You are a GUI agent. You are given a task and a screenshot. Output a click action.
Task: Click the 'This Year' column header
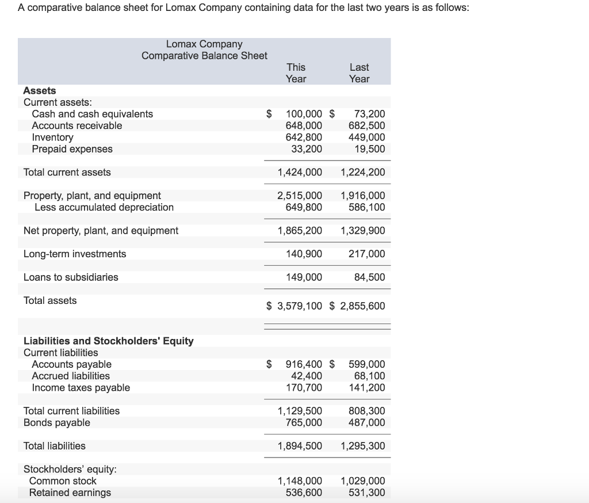click(296, 73)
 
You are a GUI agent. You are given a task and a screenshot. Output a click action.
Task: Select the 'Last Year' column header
click(359, 73)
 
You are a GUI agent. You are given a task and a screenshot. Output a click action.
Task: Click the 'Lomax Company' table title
click(204, 44)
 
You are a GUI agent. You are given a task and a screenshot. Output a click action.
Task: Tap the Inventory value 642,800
click(304, 138)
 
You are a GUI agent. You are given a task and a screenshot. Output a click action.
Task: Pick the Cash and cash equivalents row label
click(92, 114)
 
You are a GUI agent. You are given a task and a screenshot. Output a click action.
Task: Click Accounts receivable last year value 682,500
click(366, 125)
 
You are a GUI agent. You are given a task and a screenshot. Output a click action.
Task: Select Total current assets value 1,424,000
click(300, 172)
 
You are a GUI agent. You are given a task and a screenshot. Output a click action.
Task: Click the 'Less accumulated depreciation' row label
click(104, 207)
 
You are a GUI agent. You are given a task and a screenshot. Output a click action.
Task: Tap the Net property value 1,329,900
click(363, 231)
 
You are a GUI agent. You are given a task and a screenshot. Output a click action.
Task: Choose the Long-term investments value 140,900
click(304, 254)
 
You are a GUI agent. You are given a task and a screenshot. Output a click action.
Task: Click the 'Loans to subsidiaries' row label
click(71, 277)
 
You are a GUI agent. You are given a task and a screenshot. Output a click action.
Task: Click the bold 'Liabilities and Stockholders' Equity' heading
click(108, 341)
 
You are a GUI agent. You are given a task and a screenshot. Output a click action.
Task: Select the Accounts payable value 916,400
click(304, 364)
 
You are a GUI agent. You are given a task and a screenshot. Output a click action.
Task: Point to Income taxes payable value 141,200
click(366, 388)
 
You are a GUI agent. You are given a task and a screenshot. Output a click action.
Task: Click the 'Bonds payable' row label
click(56, 423)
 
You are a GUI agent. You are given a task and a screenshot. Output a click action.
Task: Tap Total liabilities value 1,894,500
click(300, 446)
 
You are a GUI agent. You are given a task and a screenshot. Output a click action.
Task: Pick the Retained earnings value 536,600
click(304, 493)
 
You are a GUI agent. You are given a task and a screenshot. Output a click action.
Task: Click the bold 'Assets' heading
click(40, 90)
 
